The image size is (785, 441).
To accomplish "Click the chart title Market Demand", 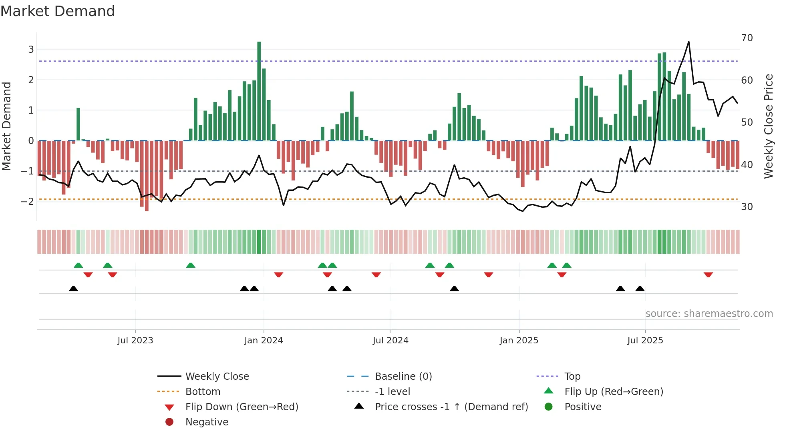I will coord(58,11).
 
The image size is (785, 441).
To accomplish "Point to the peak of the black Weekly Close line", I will coord(688,42).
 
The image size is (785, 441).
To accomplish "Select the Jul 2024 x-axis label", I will coord(390,341).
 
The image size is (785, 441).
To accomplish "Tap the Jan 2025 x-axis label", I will coord(519,341).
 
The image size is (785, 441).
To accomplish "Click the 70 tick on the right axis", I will coord(747,38).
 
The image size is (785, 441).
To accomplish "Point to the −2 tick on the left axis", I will coord(28,201).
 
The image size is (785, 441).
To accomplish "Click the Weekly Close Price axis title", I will coord(768,126).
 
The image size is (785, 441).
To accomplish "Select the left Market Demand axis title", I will coord(7,126).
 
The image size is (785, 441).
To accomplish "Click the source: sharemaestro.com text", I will coord(709,314).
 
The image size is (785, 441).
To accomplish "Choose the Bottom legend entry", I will coord(203,391).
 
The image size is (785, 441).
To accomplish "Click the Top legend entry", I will coord(572,376).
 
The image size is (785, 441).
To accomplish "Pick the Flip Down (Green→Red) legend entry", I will coord(242,407).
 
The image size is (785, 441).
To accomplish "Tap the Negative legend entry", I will coord(207,422).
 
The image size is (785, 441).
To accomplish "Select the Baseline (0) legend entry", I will coord(403,376).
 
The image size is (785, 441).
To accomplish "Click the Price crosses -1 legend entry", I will coord(451,407).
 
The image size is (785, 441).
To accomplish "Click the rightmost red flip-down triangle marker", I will coord(708,275).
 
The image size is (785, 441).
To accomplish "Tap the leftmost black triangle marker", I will coord(73,289).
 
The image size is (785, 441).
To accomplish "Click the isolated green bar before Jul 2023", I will coord(78,124).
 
